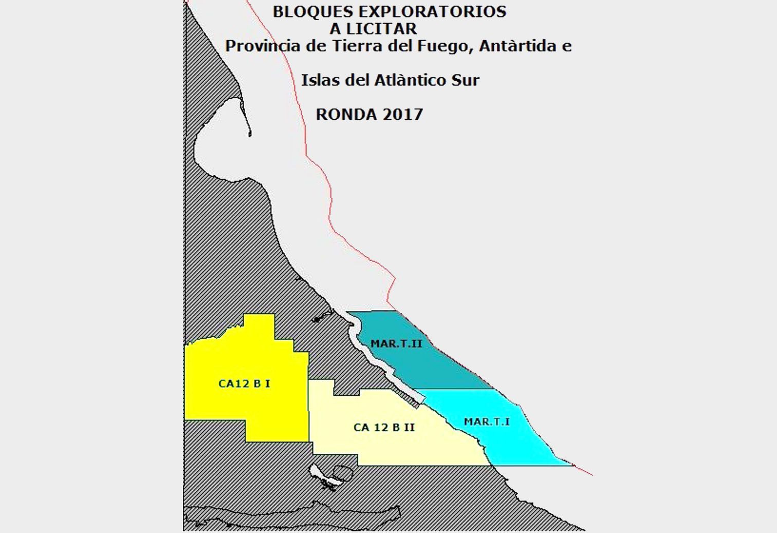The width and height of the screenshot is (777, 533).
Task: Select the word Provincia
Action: point(263,46)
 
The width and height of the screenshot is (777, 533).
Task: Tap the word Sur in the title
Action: point(465,80)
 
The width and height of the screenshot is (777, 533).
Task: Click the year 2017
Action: point(402,114)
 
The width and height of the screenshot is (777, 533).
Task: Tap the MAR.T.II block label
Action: point(396,344)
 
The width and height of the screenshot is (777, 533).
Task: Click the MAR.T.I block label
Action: point(487,422)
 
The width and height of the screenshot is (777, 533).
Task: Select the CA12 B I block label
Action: point(244,383)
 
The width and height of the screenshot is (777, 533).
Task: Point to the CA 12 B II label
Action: point(384,428)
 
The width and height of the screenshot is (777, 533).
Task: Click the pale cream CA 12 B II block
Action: point(391,447)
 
